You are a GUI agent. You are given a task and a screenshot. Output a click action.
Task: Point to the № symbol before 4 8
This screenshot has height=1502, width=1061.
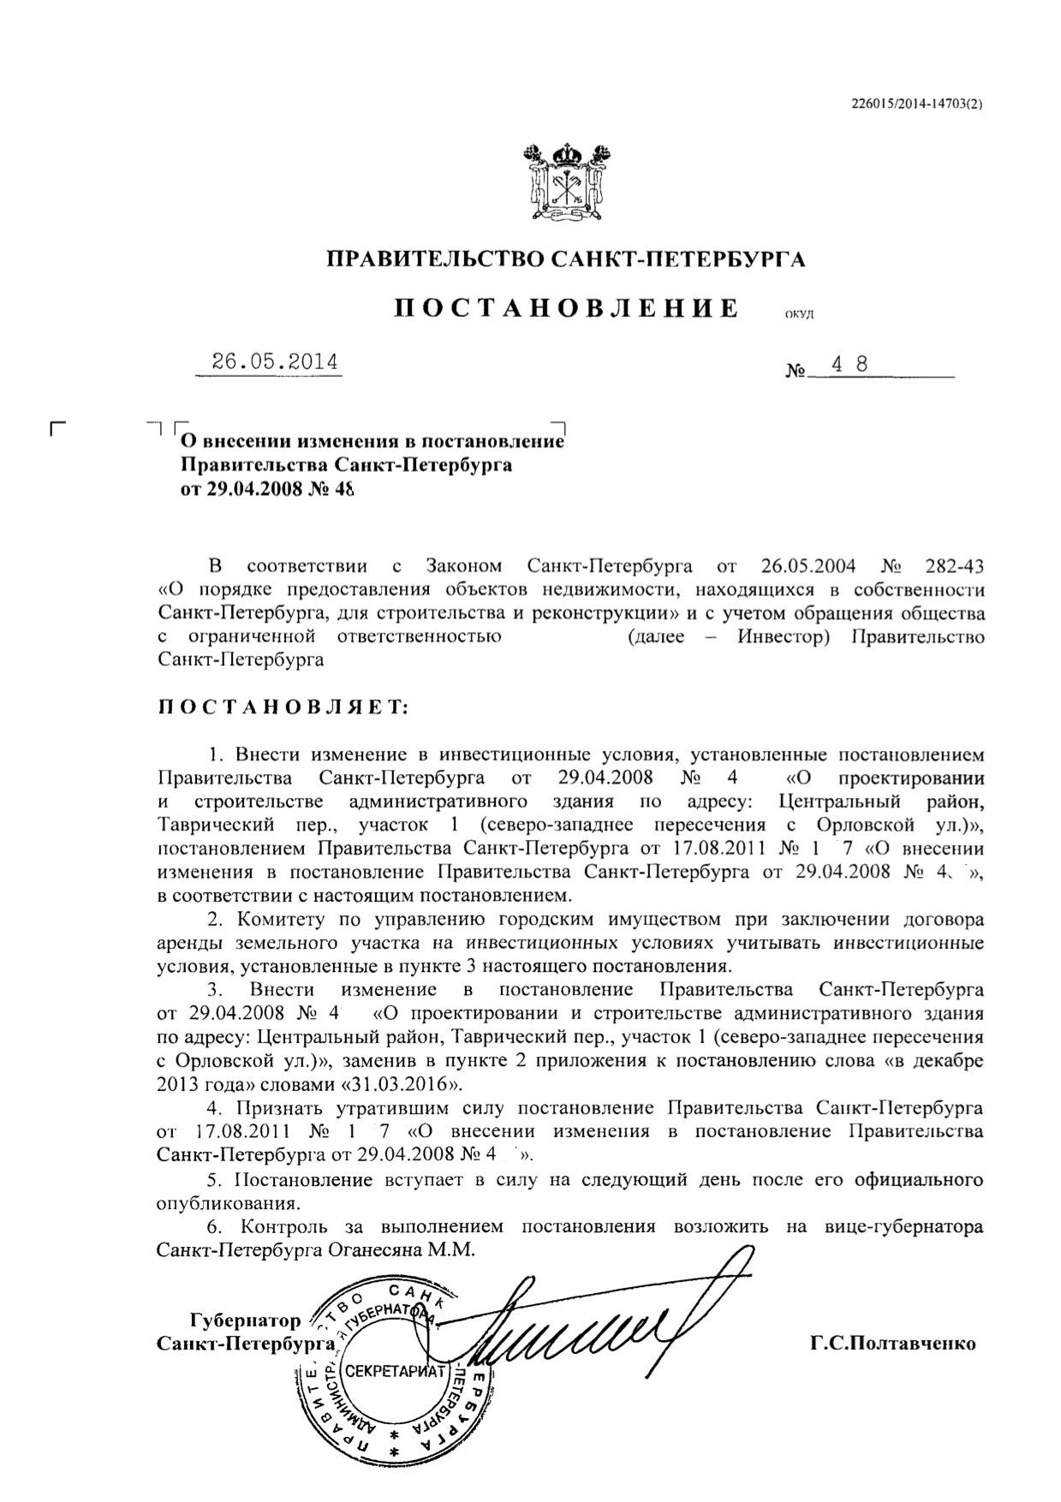point(796,372)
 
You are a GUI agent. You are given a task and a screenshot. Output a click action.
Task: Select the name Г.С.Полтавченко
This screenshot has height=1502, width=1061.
point(893,1343)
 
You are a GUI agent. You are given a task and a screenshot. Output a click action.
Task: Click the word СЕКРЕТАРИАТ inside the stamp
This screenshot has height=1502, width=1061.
point(395,1371)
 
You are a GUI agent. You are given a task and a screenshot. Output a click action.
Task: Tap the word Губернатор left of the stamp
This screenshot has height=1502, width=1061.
point(245,1320)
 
